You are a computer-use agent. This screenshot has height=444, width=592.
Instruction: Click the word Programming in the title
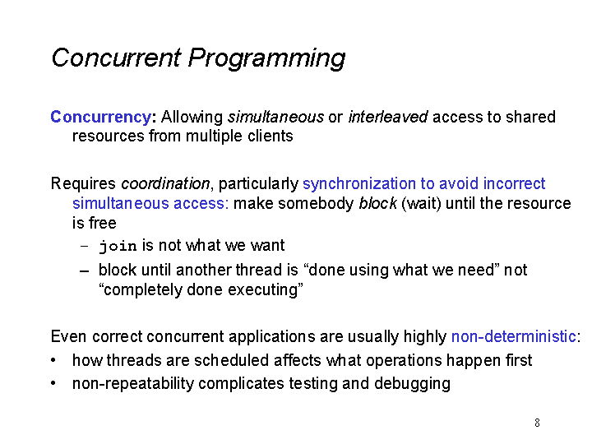click(266, 58)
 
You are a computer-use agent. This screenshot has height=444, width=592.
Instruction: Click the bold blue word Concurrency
click(101, 118)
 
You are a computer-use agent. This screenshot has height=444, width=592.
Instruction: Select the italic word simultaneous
click(275, 117)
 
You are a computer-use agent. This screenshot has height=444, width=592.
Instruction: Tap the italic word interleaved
click(388, 117)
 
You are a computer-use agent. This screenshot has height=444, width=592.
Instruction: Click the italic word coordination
click(165, 183)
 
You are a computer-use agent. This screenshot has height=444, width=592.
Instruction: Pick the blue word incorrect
click(514, 183)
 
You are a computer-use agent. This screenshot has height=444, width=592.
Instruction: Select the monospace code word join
click(118, 246)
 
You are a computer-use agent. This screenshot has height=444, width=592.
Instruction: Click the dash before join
click(84, 246)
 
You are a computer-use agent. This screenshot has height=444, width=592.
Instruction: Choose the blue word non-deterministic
click(514, 336)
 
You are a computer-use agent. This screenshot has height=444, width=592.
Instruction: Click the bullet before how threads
click(53, 360)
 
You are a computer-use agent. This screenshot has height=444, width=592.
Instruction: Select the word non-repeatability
click(133, 384)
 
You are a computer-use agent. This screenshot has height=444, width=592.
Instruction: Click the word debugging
click(412, 384)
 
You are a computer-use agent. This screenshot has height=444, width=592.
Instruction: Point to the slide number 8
click(537, 423)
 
